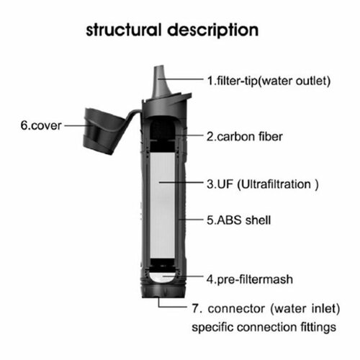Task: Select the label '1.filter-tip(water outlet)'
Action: tap(269, 81)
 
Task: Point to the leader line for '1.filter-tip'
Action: tap(187, 81)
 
